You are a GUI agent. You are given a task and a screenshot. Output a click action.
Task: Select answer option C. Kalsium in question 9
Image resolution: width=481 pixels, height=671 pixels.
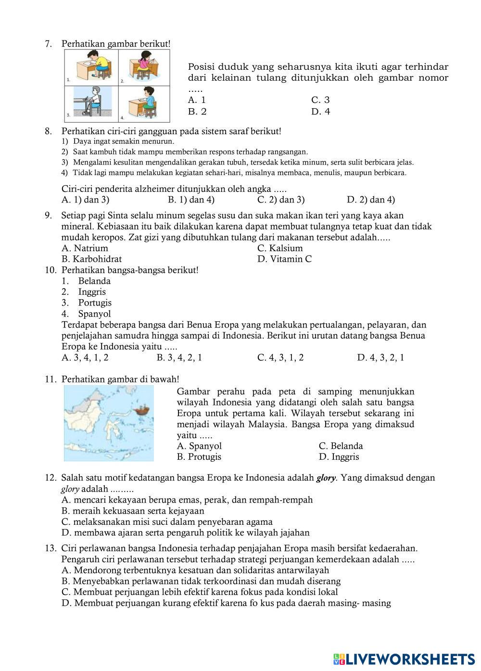pos(280,248)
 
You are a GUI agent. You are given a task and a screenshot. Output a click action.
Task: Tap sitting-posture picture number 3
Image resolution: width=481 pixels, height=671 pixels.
pos(91,102)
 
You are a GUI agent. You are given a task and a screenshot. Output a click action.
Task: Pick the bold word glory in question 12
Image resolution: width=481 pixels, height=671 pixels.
pos(326,478)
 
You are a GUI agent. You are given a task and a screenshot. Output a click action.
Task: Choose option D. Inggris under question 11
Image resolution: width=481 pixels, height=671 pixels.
pos(339,457)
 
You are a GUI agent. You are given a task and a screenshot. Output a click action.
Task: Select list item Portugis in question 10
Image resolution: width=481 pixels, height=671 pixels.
pos(95,303)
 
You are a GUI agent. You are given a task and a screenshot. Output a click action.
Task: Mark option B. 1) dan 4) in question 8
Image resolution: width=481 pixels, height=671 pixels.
pos(191,200)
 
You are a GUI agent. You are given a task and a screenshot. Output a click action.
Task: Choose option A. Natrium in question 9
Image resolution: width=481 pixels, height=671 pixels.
pos(85,248)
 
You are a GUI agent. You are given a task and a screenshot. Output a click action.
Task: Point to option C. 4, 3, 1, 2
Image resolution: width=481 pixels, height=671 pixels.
pos(280,357)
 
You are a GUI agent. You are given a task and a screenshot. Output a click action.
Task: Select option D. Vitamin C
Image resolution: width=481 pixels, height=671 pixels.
pos(284,259)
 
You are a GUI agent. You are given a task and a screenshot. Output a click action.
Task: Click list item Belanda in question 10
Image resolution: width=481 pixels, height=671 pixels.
pos(94,281)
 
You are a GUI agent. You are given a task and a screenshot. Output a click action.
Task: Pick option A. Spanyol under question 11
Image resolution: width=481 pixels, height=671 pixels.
pos(199,446)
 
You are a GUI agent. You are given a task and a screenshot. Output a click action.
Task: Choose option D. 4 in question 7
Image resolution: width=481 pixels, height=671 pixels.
pos(320,112)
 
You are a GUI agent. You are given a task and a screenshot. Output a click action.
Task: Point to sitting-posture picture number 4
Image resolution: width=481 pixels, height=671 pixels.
pos(144,102)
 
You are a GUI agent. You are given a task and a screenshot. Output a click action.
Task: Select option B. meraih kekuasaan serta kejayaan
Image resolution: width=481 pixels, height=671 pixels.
pos(133,511)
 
